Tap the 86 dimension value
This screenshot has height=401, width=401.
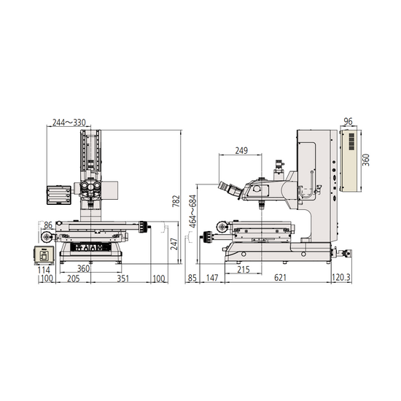pos(48,226)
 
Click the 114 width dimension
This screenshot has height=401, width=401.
pos(42,269)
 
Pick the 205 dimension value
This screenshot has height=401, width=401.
pos(74,279)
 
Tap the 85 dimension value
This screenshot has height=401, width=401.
pos(192,279)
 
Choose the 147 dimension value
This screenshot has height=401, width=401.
pos(212,279)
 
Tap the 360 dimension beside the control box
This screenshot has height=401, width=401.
pos(367,158)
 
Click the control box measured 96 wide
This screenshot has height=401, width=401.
pos(351,160)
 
